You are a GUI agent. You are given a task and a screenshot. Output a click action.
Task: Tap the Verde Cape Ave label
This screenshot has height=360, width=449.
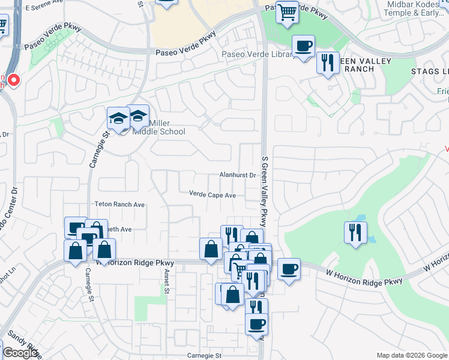pyautogui.click(x=212, y=195)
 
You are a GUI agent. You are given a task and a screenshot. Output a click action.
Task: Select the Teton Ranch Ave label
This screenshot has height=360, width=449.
pyautogui.click(x=119, y=205)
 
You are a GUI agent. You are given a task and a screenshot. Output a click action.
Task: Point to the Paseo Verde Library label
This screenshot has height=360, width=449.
pyautogui.click(x=259, y=55)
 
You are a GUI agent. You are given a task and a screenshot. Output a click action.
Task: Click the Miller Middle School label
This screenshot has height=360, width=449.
pyautogui.click(x=167, y=127)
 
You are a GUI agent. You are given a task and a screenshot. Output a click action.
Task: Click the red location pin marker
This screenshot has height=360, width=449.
pyautogui.click(x=13, y=80)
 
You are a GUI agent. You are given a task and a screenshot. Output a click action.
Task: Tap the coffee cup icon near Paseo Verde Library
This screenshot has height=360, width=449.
pyautogui.click(x=303, y=46)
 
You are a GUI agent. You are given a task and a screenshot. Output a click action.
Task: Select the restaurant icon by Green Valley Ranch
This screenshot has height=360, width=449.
pyautogui.click(x=327, y=62)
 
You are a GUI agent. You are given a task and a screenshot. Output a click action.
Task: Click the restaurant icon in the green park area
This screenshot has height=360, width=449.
pyautogui.click(x=355, y=232)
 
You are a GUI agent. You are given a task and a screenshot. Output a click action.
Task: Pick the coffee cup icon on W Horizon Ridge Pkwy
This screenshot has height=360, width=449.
pyautogui.click(x=289, y=269)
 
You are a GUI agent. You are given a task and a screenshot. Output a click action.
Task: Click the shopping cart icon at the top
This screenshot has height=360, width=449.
pyautogui.click(x=288, y=11)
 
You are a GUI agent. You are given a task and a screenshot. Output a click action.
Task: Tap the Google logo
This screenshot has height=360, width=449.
pyautogui.click(x=20, y=353)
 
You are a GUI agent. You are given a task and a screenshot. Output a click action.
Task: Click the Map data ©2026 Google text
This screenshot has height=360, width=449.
pyautogui.click(x=412, y=355)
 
